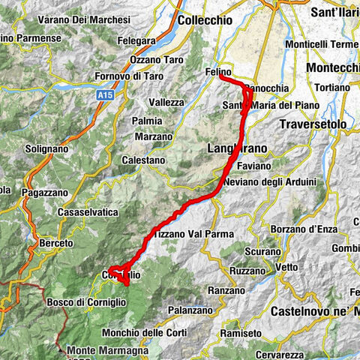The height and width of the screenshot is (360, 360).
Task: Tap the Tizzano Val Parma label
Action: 190,234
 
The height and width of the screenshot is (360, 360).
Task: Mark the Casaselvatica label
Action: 88,213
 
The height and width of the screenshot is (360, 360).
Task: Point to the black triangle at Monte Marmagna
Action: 58,349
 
